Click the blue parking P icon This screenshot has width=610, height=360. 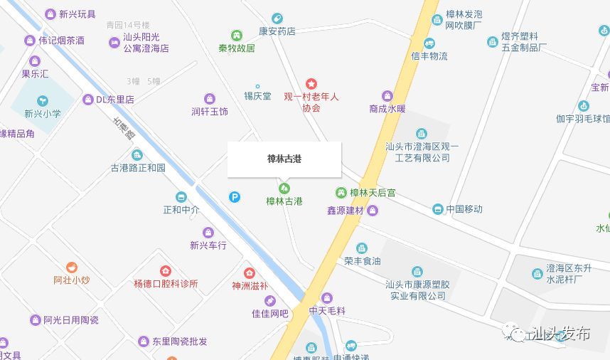tap(234, 197)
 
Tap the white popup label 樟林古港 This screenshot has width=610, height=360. tap(284, 159)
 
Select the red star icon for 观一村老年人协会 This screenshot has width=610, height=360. tap(311, 84)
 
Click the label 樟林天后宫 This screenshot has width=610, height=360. tap(373, 193)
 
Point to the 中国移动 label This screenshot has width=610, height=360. tap(464, 209)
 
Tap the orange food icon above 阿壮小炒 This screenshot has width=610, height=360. tap(71, 268)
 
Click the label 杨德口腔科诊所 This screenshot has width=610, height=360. tap(166, 283)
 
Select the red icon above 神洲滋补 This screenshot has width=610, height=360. tap(249, 273)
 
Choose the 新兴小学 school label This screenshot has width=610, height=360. tap(43, 113)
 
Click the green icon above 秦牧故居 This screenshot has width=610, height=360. tap(236, 36)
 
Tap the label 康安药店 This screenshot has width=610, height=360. tap(277, 31)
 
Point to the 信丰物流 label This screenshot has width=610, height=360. tap(429, 56)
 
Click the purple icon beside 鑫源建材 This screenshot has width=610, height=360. tap(373, 211)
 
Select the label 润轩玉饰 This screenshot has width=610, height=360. tap(210, 112)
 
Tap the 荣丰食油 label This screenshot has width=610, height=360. tap(362, 261)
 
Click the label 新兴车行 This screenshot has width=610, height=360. tap(208, 245)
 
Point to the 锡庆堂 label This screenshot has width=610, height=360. tap(257, 96)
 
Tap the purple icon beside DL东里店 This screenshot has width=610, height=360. tap(87, 100)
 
